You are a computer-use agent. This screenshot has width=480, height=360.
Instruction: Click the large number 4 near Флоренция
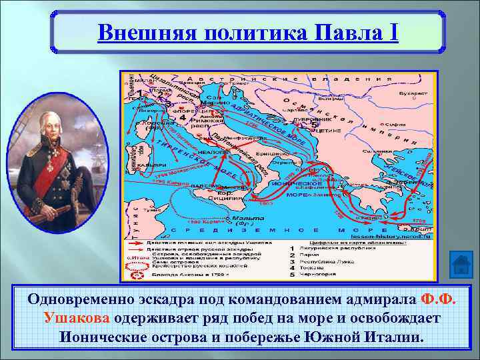(x=183, y=117)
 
